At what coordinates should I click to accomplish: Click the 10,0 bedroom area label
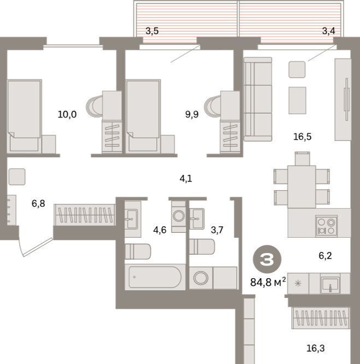pyautogui.click(x=67, y=114)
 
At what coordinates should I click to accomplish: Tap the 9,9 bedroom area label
pyautogui.click(x=192, y=114)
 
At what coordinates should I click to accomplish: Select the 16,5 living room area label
pyautogui.click(x=302, y=137)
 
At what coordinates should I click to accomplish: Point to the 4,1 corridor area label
pyautogui.click(x=186, y=179)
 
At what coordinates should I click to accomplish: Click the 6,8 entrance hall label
pyautogui.click(x=38, y=203)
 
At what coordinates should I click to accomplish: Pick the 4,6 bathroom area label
pyautogui.click(x=160, y=230)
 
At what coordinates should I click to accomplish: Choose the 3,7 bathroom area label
pyautogui.click(x=217, y=230)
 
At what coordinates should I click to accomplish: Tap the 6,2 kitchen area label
pyautogui.click(x=325, y=256)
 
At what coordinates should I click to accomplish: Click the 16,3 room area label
pyautogui.click(x=315, y=348)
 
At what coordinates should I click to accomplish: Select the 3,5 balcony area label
pyautogui.click(x=152, y=31)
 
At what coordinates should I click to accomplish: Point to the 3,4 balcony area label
pyautogui.click(x=328, y=31)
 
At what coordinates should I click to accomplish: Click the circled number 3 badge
pyautogui.click(x=267, y=259)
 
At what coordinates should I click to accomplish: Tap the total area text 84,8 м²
pyautogui.click(x=268, y=282)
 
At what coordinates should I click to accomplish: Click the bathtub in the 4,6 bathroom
pyautogui.click(x=155, y=277)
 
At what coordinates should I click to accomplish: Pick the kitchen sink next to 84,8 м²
pyautogui.click(x=330, y=284)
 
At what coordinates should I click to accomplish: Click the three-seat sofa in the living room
pyautogui.click(x=257, y=99)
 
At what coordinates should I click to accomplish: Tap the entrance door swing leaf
pyautogui.click(x=38, y=247)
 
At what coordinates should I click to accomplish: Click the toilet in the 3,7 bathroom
pyautogui.click(x=202, y=246)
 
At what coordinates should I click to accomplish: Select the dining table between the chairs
pyautogui.click(x=302, y=187)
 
